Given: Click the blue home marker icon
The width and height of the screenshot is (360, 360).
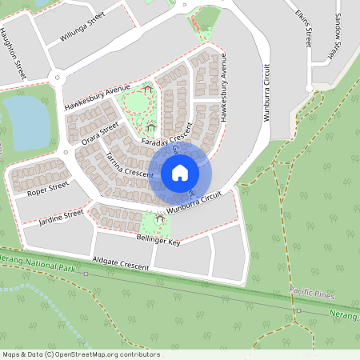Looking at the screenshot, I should pos(180,172).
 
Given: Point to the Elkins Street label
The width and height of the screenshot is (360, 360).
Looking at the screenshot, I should pos(302,28).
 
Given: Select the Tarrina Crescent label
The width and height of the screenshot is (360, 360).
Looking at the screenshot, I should pos(128,162).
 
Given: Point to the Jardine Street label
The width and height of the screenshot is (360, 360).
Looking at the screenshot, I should pos(62,217).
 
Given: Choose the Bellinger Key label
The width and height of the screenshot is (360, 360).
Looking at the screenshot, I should pos(157,238).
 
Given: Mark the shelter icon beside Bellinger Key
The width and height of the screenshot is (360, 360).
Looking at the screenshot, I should pos(160,218).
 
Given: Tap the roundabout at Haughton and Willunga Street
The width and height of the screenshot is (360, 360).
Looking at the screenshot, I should pos(54,78).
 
